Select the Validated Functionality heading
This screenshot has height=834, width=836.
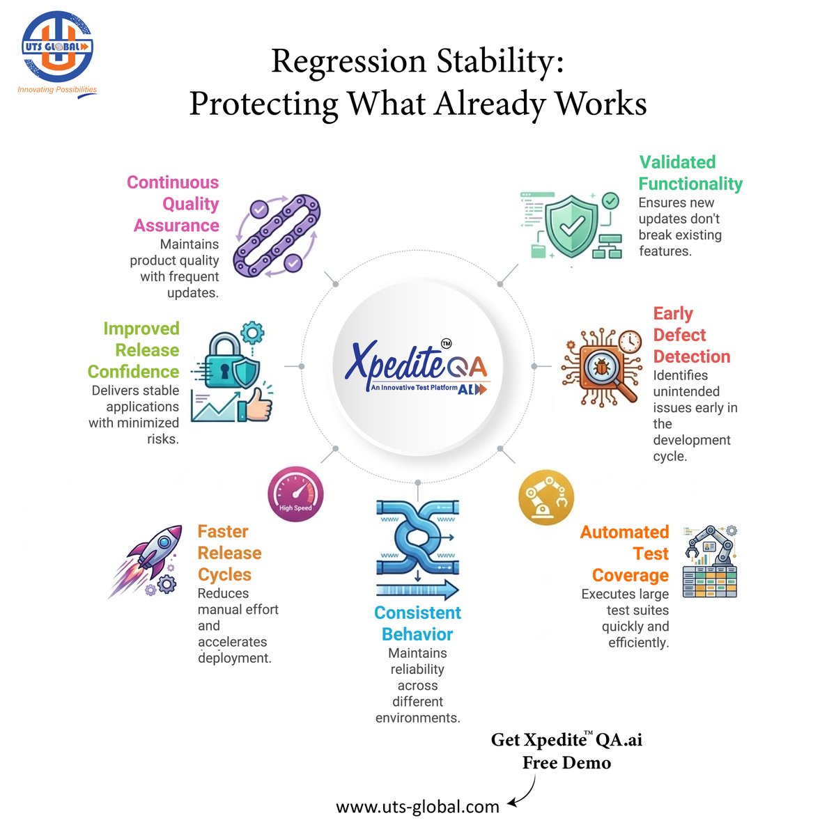click(690, 173)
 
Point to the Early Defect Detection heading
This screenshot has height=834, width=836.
click(691, 335)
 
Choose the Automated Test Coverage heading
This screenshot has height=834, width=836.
click(625, 553)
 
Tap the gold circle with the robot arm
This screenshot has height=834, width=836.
click(547, 497)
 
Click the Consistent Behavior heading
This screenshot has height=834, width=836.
click(417, 623)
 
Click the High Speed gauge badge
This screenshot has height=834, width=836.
click(295, 494)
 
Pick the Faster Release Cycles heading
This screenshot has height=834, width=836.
click(229, 553)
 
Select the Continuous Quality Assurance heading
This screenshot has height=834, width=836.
click(175, 204)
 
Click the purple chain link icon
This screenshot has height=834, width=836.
click(277, 235)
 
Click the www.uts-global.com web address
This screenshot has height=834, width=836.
click(417, 807)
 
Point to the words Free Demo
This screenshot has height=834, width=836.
click(566, 763)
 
